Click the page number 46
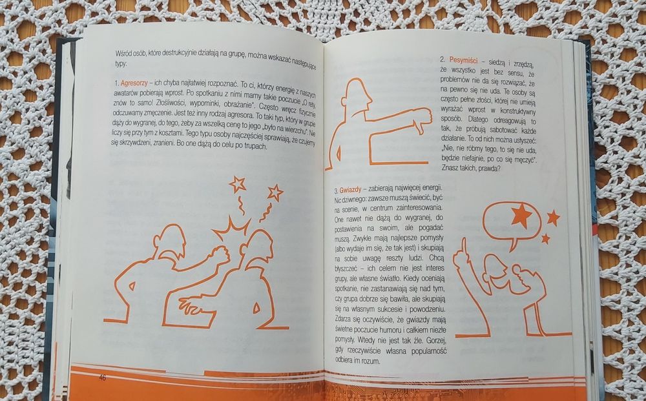[x=102, y=377]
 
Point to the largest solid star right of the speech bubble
[x=552, y=217]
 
